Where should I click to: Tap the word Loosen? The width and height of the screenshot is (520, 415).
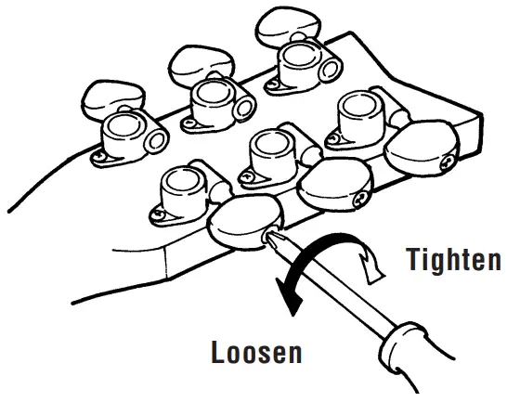tap(257, 354)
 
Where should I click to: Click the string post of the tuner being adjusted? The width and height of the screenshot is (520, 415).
tap(182, 186)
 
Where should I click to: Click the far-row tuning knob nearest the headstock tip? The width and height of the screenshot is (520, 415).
tap(283, 22)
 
